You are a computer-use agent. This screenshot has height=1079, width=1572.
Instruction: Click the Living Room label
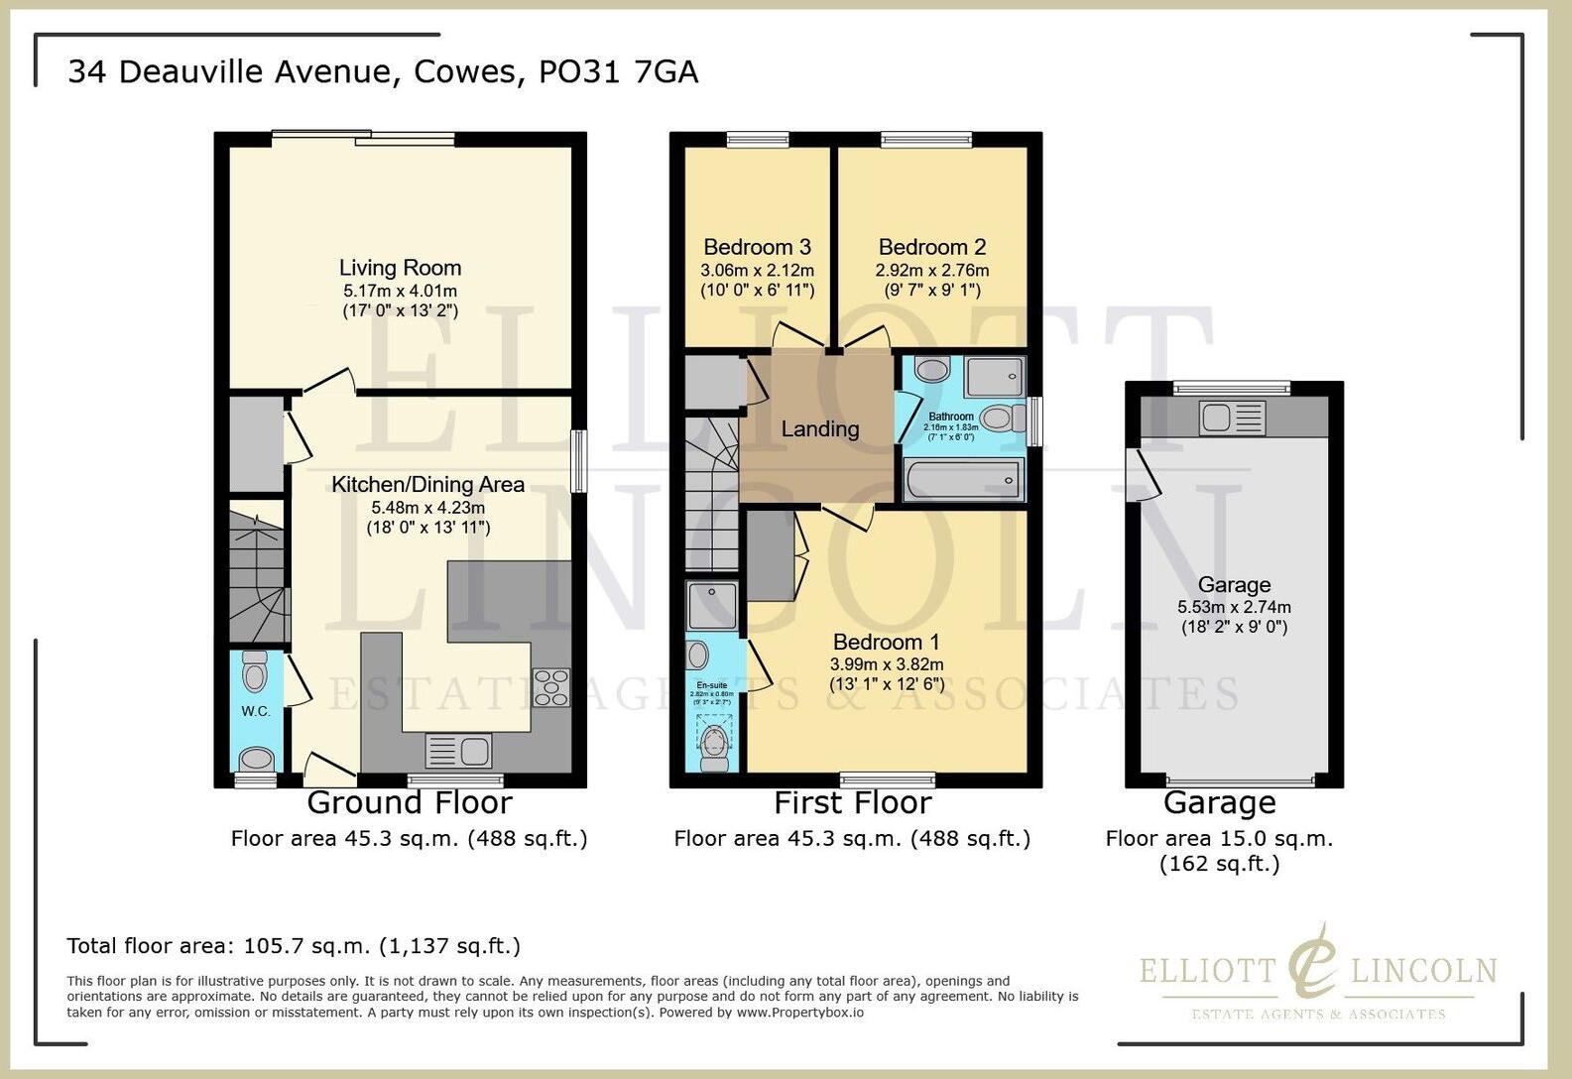tap(400, 268)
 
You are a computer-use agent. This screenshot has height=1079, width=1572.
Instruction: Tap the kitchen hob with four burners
tap(551, 687)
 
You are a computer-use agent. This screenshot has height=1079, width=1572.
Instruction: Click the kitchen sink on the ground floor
tap(459, 751)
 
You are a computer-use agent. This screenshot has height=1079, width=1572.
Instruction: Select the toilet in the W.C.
tap(256, 673)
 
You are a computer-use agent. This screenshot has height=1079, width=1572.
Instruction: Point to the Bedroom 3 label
tap(757, 247)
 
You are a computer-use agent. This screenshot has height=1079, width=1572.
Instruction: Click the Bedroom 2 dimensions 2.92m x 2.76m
tap(931, 270)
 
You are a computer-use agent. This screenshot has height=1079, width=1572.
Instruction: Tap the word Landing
tap(819, 429)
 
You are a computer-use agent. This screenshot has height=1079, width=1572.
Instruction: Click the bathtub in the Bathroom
tap(961, 482)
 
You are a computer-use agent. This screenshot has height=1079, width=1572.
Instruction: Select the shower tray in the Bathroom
tap(995, 378)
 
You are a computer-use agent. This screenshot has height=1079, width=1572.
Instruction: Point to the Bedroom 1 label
tap(886, 643)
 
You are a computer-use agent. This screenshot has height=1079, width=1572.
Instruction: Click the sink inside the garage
tap(1233, 418)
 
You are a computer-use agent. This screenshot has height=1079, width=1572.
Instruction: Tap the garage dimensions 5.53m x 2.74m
tap(1234, 607)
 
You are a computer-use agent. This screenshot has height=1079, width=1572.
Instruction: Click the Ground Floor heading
tap(409, 802)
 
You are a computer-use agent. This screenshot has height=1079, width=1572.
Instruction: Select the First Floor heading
tap(852, 802)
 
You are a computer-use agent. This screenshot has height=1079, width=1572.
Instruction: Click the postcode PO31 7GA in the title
tap(618, 71)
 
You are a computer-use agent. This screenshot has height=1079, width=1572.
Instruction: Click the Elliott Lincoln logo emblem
tap(1314, 962)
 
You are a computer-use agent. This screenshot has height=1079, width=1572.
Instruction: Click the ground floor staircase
tap(256, 575)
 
